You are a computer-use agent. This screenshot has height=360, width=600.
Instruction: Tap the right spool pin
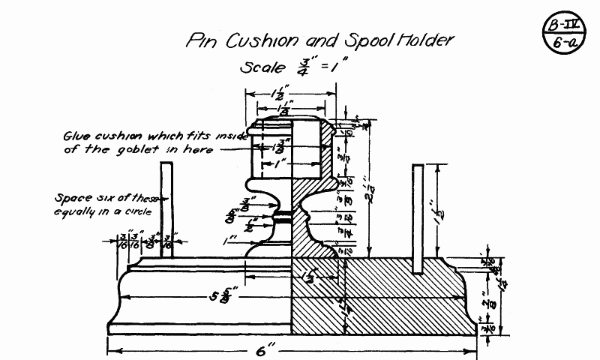coord(418,217)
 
